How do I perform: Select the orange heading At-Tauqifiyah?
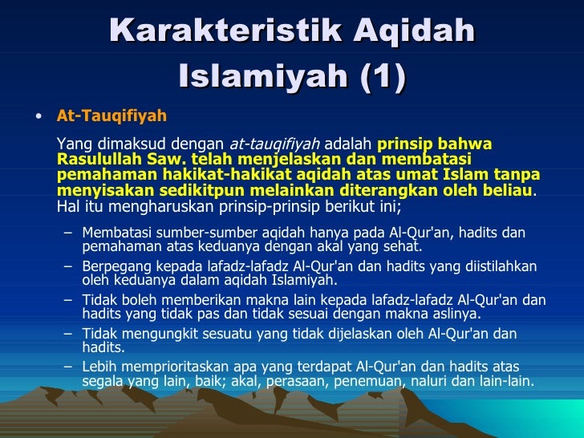[x=112, y=116]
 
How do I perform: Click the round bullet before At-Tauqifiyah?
[x=39, y=116]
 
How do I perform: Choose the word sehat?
[x=402, y=247]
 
